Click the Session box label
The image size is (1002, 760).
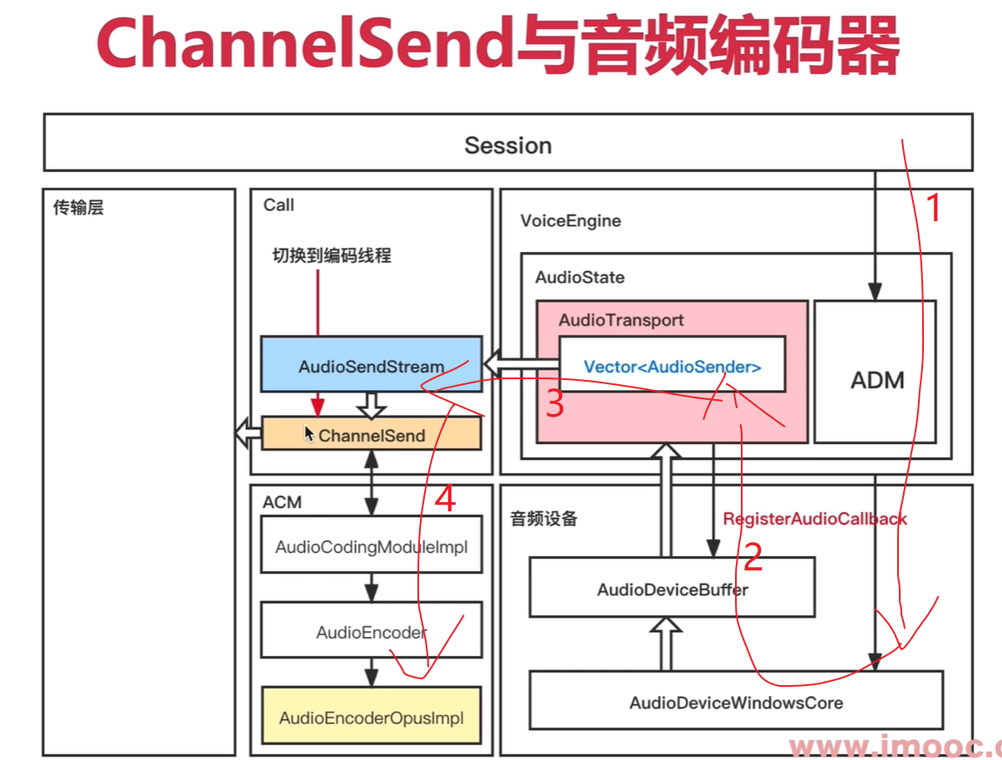click(507, 146)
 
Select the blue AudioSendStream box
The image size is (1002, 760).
click(371, 365)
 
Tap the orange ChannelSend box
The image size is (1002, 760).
click(371, 435)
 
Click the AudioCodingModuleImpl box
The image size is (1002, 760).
click(371, 547)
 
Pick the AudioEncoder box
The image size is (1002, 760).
click(371, 632)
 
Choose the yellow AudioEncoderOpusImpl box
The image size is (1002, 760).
click(371, 718)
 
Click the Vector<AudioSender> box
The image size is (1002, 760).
click(672, 366)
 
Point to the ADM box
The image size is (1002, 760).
click(876, 380)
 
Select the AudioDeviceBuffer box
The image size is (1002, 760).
click(672, 589)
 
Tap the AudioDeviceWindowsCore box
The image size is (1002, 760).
click(736, 703)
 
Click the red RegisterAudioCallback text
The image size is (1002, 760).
click(814, 519)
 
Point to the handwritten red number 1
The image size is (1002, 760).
click(935, 208)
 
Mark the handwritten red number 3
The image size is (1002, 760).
click(555, 405)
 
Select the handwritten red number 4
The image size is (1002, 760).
click(446, 499)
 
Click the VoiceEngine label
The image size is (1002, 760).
click(570, 220)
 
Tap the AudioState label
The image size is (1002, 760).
click(580, 277)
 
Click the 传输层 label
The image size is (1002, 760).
click(78, 208)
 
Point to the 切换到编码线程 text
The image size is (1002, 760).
click(332, 255)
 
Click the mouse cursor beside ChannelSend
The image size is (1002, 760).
click(309, 433)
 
